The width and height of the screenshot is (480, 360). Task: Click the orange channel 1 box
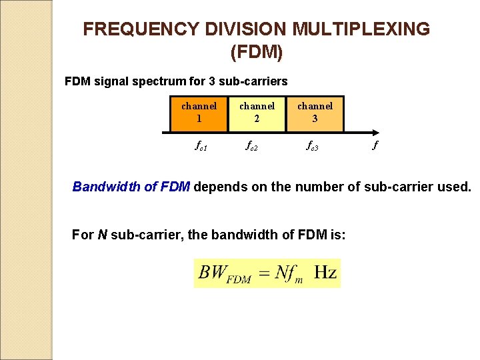pyautogui.click(x=199, y=113)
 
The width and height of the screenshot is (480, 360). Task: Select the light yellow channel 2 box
pyautogui.click(x=257, y=113)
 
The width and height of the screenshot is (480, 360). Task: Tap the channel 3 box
pyautogui.click(x=315, y=113)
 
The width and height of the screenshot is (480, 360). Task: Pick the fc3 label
pyautogui.click(x=311, y=145)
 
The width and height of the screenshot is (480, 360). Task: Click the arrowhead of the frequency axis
pyautogui.click(x=377, y=132)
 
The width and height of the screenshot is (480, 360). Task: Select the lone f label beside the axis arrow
pyautogui.click(x=375, y=145)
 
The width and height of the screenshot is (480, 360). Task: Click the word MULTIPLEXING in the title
pyautogui.click(x=361, y=29)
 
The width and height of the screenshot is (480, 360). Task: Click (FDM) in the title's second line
pyautogui.click(x=256, y=51)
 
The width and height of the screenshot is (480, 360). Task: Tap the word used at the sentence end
pyautogui.click(x=453, y=187)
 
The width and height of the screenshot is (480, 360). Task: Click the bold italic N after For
pyautogui.click(x=102, y=235)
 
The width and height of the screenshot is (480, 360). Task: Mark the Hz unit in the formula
pyautogui.click(x=325, y=273)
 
